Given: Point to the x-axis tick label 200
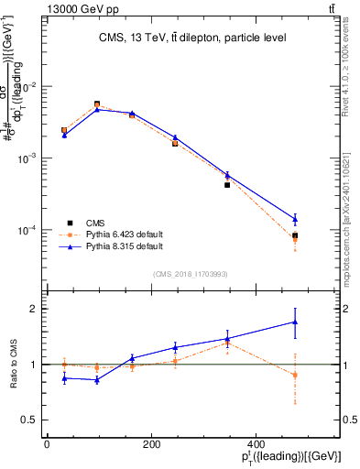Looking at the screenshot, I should [176, 444].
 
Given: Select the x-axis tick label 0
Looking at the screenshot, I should [47, 444].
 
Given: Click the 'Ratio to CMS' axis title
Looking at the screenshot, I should [13, 365].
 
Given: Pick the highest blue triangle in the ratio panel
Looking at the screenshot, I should [295, 322].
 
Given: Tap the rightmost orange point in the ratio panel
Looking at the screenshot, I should [295, 375].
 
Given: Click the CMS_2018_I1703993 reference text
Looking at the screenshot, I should [190, 273].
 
